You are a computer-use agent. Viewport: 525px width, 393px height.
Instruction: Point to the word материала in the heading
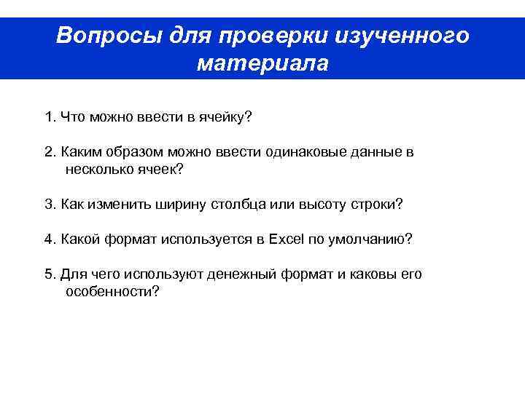point(262,64)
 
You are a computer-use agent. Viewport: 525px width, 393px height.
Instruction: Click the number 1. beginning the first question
point(50,116)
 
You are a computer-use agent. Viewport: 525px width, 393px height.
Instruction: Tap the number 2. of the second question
point(50,153)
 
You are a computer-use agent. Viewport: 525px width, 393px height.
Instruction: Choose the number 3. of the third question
point(50,205)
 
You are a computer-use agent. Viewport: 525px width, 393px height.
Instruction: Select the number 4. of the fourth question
point(50,239)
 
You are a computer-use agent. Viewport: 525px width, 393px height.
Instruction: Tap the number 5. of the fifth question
point(50,274)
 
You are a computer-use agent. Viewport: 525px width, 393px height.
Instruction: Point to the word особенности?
point(112,291)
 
